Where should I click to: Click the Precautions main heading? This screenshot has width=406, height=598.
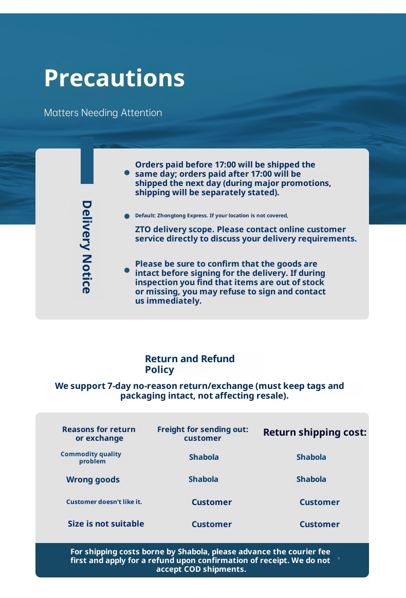tap(114, 78)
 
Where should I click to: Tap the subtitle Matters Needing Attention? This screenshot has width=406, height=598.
tap(103, 113)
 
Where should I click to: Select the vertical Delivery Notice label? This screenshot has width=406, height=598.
tap(86, 247)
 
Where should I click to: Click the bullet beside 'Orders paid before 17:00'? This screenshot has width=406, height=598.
tap(127, 173)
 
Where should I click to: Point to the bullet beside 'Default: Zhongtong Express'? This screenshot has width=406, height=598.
tap(127, 216)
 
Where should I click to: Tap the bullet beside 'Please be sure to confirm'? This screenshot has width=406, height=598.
tap(127, 270)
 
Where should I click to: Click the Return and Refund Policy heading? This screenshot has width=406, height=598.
tap(190, 364)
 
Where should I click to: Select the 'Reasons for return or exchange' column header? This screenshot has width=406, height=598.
tap(99, 434)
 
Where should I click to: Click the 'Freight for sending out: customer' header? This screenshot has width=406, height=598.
tap(202, 434)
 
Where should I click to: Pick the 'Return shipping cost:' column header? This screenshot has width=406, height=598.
tap(315, 433)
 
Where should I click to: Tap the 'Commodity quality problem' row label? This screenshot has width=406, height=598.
tap(91, 457)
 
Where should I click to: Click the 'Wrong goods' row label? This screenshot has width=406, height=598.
tap(93, 480)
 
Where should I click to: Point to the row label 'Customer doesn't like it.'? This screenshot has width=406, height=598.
tap(104, 502)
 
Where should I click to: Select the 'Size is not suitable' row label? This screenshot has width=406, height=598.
tap(106, 524)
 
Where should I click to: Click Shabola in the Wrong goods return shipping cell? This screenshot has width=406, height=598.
tap(311, 479)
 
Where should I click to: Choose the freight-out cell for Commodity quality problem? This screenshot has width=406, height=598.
tap(204, 457)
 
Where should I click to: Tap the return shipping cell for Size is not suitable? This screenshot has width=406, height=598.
tap(319, 525)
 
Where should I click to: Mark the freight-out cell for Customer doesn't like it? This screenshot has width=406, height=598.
tap(211, 502)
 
